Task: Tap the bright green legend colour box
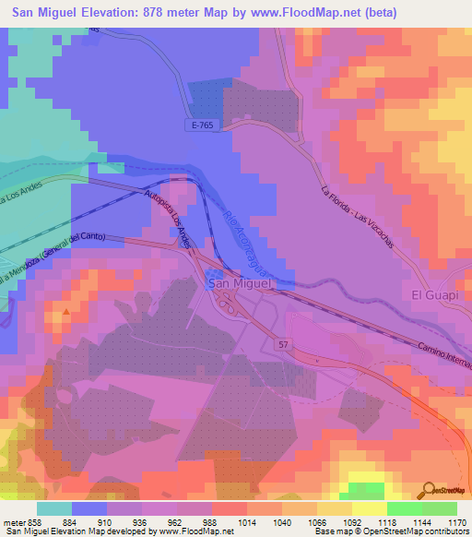point(405,508)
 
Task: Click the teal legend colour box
point(54,508)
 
